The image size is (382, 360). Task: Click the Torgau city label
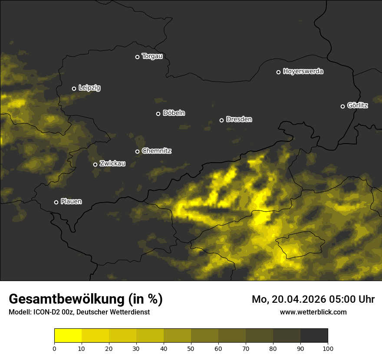(x=152, y=56)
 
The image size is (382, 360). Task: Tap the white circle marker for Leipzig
(x=74, y=88)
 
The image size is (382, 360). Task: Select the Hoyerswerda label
(x=303, y=71)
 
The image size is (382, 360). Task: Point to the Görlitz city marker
(x=342, y=106)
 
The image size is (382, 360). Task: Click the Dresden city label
(x=239, y=119)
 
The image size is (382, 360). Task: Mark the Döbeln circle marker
(x=158, y=114)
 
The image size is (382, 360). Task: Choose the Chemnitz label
(x=156, y=151)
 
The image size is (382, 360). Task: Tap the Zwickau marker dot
(x=95, y=164)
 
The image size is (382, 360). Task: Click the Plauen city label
(x=71, y=201)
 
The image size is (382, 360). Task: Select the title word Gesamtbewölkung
(x=67, y=299)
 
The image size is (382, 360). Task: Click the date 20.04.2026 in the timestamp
(x=301, y=299)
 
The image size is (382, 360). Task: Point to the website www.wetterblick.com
(x=313, y=312)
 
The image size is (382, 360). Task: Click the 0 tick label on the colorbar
(x=54, y=348)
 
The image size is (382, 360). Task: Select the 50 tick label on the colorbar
(x=191, y=348)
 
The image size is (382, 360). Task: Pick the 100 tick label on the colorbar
(x=328, y=348)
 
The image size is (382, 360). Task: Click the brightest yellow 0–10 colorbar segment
(x=68, y=336)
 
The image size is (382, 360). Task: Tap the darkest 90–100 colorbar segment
(x=314, y=336)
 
